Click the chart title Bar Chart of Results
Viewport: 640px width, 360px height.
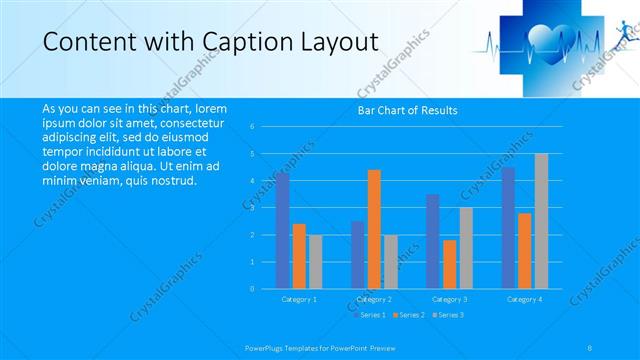pyautogui.click(x=407, y=111)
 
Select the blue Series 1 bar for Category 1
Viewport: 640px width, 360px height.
pyautogui.click(x=283, y=231)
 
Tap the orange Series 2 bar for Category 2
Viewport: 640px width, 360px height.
pyautogui.click(x=374, y=229)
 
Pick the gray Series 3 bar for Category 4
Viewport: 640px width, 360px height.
pyautogui.click(x=541, y=221)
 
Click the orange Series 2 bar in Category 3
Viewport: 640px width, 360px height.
pyautogui.click(x=450, y=264)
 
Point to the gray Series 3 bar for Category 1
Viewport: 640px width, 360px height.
pyautogui.click(x=315, y=262)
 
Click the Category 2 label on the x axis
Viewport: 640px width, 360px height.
pyautogui.click(x=374, y=299)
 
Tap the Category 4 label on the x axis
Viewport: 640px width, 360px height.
pyautogui.click(x=525, y=299)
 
